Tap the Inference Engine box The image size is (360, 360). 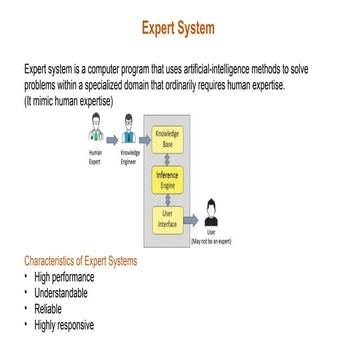pyautogui.click(x=168, y=179)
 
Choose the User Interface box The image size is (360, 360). pyautogui.click(x=168, y=218)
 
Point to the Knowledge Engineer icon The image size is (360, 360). pyautogui.click(x=128, y=133)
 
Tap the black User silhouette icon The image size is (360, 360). pyautogui.click(x=210, y=212)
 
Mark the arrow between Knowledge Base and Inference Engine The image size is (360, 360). pyautogui.click(x=168, y=160)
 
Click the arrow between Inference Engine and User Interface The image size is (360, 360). pyautogui.click(x=168, y=199)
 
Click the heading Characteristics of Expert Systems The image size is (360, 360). pyautogui.click(x=80, y=262)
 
